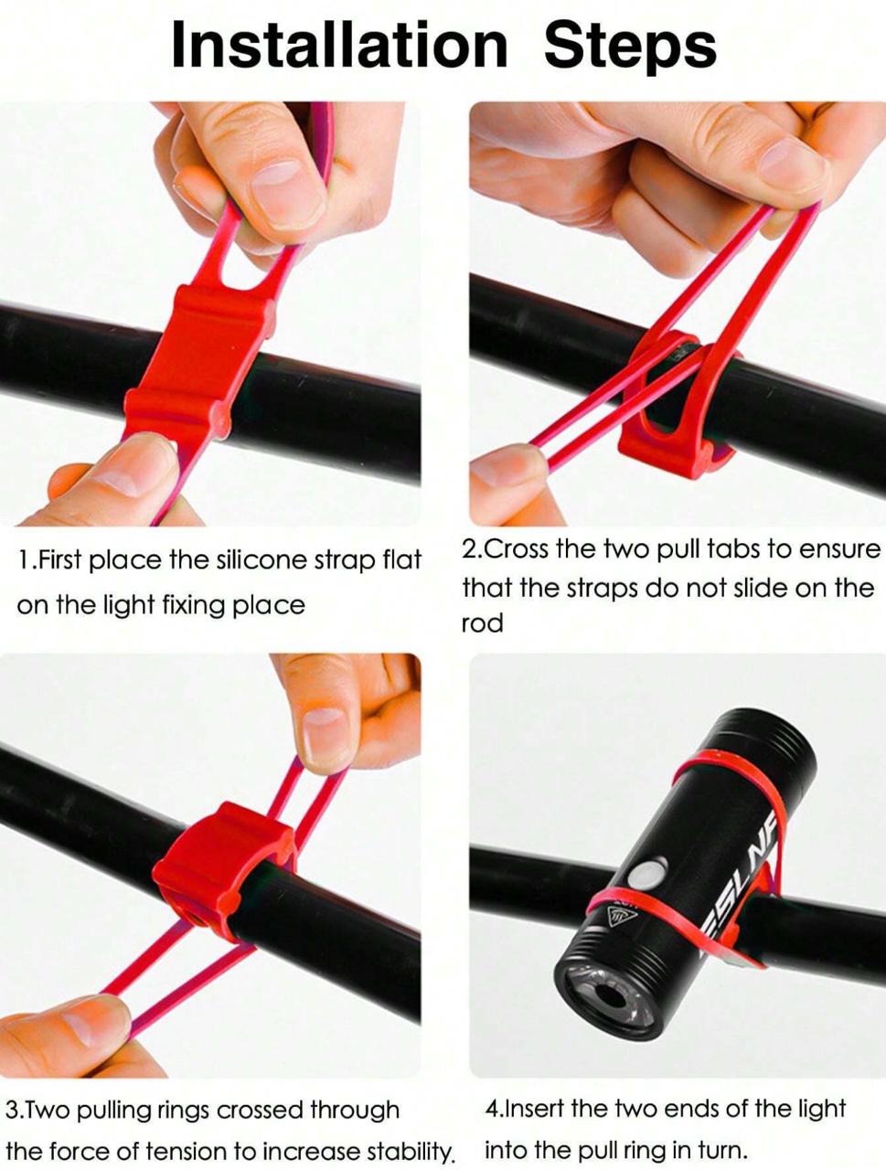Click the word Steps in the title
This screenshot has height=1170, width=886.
tap(630, 49)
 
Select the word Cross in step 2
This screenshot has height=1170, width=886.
tap(518, 549)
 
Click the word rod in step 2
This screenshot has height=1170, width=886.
tap(482, 622)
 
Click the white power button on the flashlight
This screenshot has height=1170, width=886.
tap(646, 874)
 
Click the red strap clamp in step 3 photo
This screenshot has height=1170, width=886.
tap(224, 864)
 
